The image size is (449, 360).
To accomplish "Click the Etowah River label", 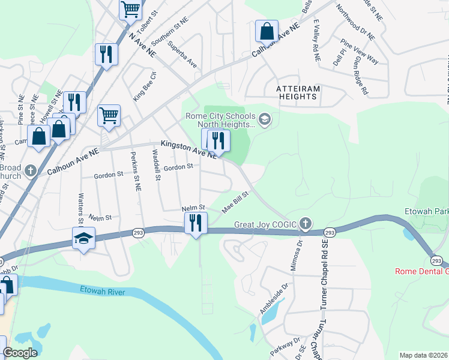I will [105, 290].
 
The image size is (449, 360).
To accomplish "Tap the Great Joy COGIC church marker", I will [306, 224].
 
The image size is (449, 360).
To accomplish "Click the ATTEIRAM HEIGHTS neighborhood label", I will [298, 92].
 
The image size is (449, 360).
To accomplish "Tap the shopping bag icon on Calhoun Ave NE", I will [266, 31].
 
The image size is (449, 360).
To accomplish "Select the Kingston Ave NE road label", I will [188, 150].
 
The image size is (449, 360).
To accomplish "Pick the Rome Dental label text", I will [421, 271].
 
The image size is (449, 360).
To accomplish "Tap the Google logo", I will [20, 353].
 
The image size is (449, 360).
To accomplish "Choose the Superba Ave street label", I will [182, 54].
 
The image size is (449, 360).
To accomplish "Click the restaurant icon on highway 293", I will [196, 224].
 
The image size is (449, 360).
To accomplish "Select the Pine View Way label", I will [360, 51].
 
